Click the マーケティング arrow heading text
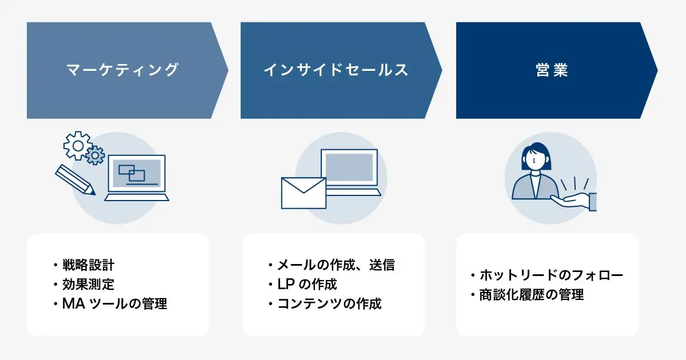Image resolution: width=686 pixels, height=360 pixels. (x=122, y=70)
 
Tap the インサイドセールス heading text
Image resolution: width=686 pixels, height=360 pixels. (x=336, y=70)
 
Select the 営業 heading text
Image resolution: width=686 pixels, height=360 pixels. (x=552, y=70)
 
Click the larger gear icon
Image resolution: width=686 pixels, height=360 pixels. (x=78, y=146)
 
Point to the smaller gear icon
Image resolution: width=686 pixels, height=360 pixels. (x=95, y=155)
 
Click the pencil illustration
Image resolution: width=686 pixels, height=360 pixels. (x=75, y=179)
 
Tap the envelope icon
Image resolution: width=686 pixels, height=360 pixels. (x=304, y=193)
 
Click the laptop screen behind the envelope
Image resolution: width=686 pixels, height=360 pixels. (x=349, y=167)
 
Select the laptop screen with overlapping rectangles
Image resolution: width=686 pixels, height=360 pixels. (x=137, y=173)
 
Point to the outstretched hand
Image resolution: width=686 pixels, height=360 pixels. (x=573, y=202)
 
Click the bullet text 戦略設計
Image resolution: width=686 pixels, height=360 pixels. (x=88, y=265)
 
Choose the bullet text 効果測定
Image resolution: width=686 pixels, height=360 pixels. (x=88, y=285)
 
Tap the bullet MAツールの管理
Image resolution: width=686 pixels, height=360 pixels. (x=114, y=303)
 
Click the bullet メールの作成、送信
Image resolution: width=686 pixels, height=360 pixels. (x=336, y=265)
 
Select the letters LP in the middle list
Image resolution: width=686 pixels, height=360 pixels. (x=286, y=285)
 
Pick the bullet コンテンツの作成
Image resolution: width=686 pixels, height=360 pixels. (x=329, y=303)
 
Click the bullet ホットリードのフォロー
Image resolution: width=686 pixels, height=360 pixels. (x=551, y=275)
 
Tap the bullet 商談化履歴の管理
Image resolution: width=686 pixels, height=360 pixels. (x=532, y=295)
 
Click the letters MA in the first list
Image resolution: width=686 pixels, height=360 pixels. (x=74, y=303)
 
